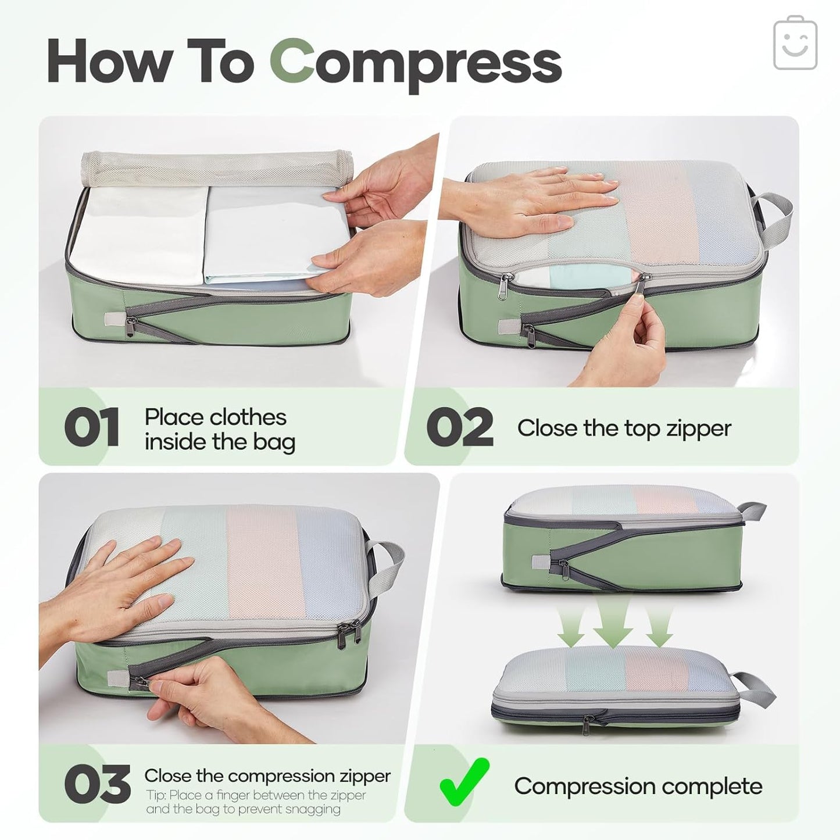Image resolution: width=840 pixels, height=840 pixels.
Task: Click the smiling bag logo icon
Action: click(x=795, y=44)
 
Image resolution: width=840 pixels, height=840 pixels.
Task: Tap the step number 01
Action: click(x=92, y=428)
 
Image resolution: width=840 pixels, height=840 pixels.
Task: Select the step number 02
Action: click(x=459, y=428)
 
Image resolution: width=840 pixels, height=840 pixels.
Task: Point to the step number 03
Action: click(x=97, y=785)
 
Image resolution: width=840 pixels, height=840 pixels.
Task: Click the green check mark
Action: click(x=463, y=782)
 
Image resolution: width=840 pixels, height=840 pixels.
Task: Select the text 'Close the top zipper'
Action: click(x=624, y=428)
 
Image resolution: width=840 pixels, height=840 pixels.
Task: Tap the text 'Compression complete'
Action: click(x=638, y=786)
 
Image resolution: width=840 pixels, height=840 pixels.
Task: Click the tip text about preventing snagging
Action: click(x=256, y=802)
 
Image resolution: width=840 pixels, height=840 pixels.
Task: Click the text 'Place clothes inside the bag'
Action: click(x=220, y=429)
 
